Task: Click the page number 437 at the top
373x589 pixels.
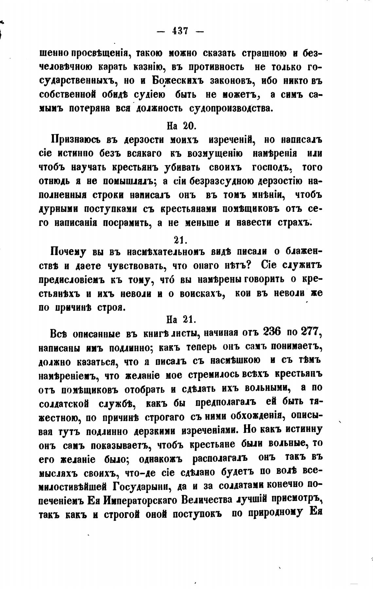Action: pos(180,31)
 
